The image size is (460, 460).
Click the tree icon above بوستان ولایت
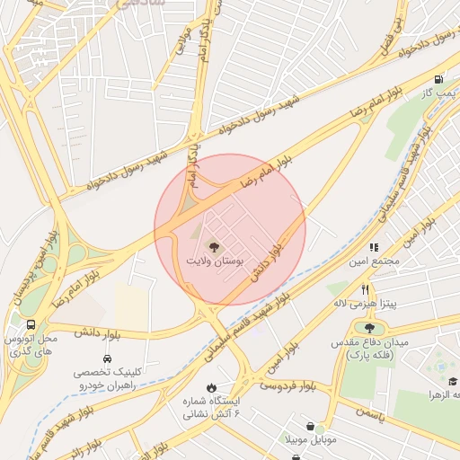coord(213,245)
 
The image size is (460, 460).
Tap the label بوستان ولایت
coord(215,260)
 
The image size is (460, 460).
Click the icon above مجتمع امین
coord(374,246)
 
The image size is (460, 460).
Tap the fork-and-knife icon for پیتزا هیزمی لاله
coord(365,289)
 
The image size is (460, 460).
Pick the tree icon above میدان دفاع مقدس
coord(369,328)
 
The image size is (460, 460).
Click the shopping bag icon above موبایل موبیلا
coord(310,426)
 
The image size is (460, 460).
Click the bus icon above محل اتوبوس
coord(31,324)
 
